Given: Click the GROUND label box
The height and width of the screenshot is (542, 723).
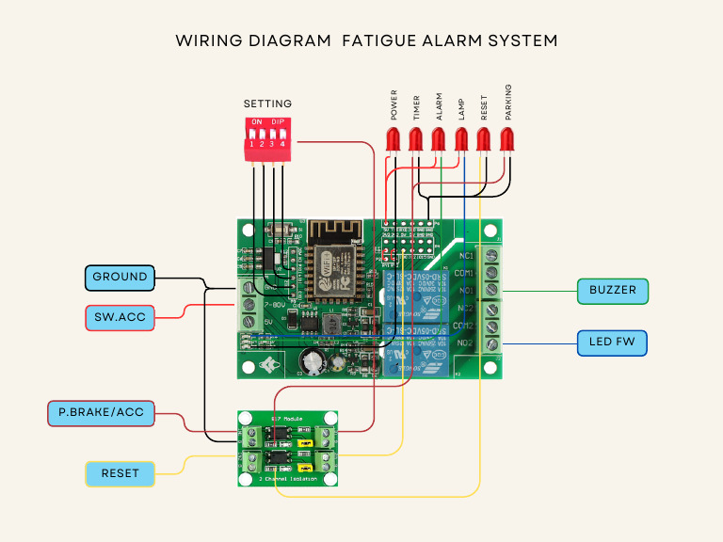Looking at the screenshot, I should click(x=120, y=277).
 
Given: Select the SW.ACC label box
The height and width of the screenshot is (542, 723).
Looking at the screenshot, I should click(x=120, y=318).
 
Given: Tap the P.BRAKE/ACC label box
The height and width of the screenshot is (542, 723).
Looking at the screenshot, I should click(x=101, y=412).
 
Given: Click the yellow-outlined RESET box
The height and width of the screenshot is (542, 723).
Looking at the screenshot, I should click(x=120, y=473).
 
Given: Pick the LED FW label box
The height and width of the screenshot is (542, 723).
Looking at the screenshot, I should click(x=612, y=343).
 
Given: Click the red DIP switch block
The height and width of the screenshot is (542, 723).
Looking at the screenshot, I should click(x=266, y=138).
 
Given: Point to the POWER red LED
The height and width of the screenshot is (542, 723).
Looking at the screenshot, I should click(x=393, y=140).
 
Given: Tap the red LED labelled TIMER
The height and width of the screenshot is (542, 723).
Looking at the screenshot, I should click(x=415, y=140).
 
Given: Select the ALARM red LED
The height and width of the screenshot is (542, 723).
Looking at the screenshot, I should click(x=438, y=140).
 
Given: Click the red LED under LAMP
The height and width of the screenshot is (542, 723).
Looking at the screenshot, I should click(x=461, y=140).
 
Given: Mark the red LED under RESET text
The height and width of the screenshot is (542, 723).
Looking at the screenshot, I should click(x=484, y=140).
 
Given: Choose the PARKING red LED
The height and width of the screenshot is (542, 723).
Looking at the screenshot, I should click(x=506, y=140).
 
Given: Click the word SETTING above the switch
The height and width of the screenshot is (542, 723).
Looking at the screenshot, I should click(x=267, y=104).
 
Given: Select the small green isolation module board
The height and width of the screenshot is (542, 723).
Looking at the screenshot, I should click(x=287, y=449).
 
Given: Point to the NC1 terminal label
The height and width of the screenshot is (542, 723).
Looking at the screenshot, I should click(x=465, y=256).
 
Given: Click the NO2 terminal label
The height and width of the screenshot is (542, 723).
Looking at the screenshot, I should click(x=465, y=343).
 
